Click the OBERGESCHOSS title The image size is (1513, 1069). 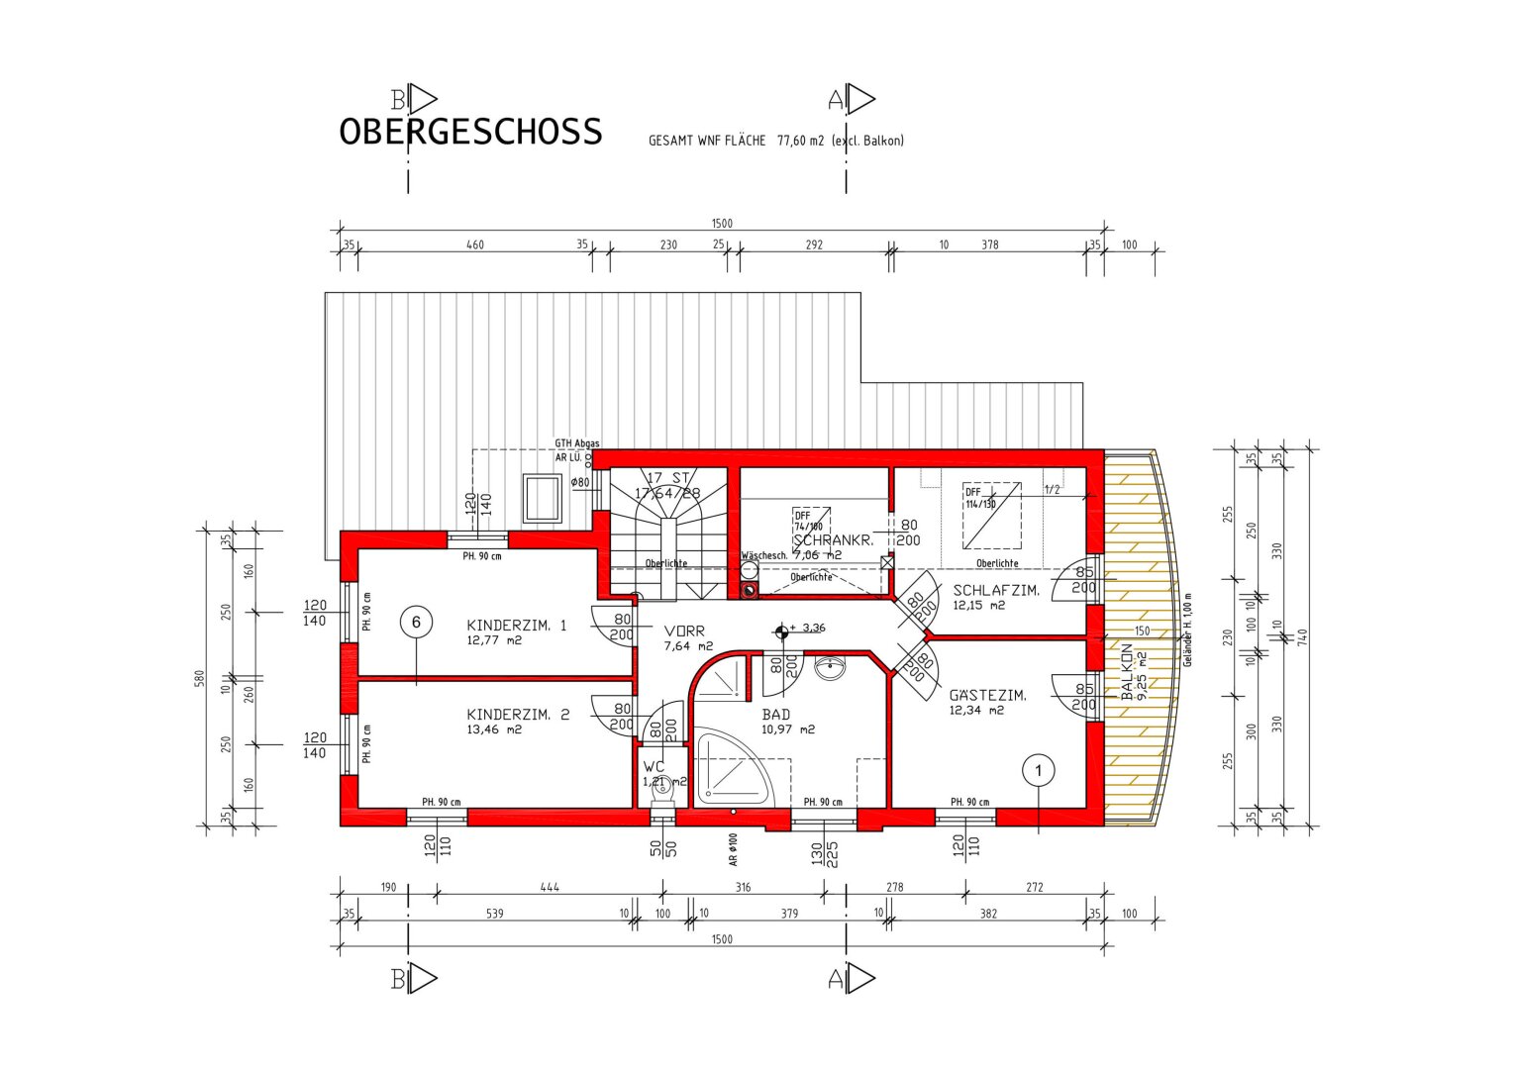click(x=470, y=132)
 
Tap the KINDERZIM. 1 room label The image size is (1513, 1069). click(x=516, y=626)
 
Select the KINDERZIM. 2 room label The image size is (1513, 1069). click(x=517, y=715)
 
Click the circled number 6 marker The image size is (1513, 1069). click(x=416, y=622)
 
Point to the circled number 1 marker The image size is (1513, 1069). click(x=1039, y=769)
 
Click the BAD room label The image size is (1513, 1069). click(x=775, y=715)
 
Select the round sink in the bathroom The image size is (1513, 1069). click(x=830, y=669)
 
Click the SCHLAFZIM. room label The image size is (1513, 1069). click(x=995, y=591)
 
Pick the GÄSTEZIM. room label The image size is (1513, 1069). click(x=987, y=696)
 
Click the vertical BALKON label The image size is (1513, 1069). click(x=1127, y=672)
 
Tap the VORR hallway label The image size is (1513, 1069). click(x=684, y=632)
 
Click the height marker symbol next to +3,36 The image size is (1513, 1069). click(x=781, y=629)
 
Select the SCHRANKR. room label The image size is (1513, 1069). click(x=833, y=541)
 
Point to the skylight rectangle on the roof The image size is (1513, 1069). click(x=544, y=497)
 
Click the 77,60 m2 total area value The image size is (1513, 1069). click(x=800, y=141)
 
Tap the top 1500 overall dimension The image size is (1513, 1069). click(x=722, y=224)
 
